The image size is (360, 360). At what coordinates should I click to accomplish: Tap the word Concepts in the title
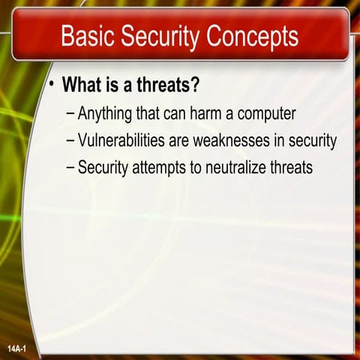[251, 35]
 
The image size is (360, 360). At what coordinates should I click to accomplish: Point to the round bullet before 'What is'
[52, 85]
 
